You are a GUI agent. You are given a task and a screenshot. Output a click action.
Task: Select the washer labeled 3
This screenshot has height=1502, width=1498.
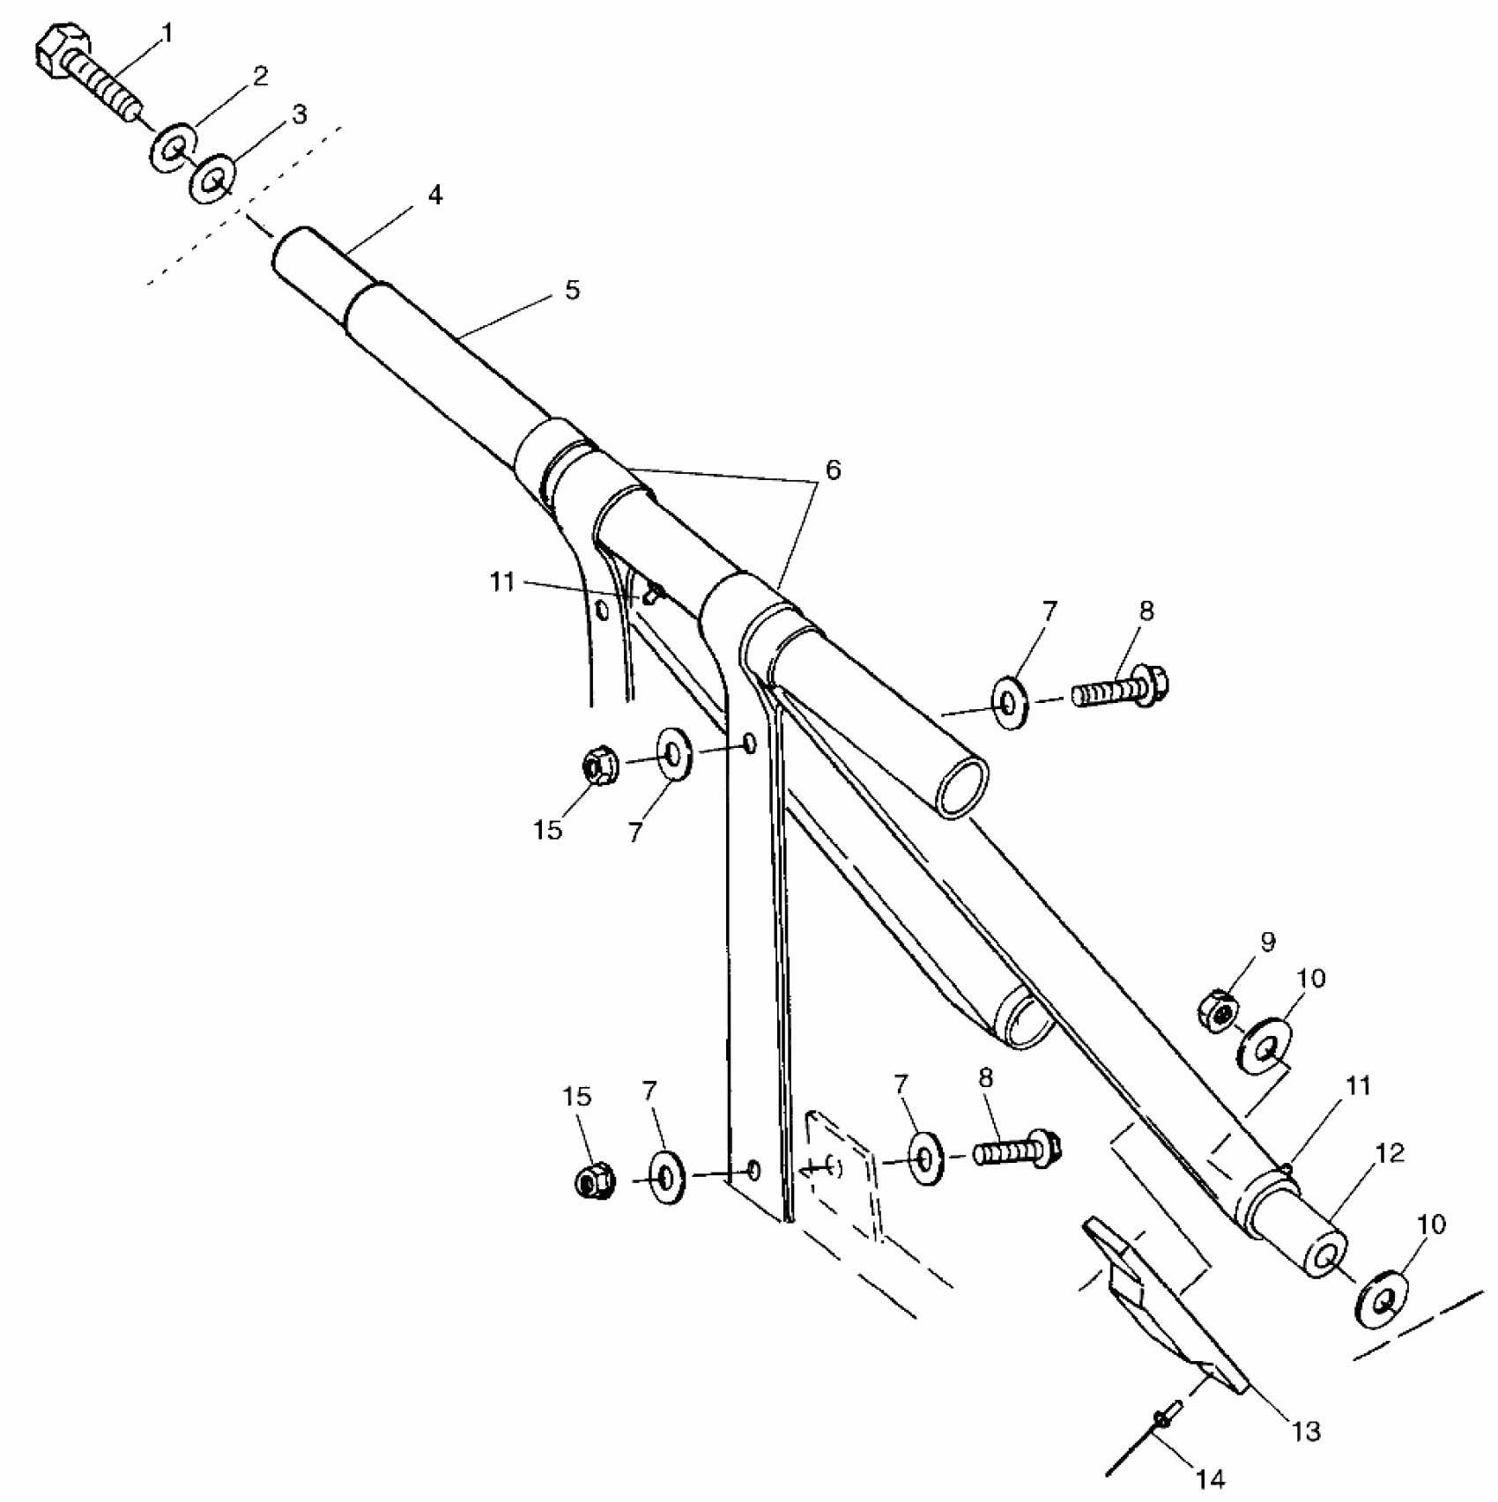pos(212,180)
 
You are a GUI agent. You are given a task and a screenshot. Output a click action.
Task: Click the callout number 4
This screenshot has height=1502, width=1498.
pos(434,196)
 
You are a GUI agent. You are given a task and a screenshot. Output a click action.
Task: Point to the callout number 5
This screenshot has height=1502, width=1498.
pos(573,290)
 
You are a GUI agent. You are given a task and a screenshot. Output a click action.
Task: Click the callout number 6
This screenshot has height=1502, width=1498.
pos(832,470)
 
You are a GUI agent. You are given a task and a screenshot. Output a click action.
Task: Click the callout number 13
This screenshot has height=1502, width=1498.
pos(1306,1432)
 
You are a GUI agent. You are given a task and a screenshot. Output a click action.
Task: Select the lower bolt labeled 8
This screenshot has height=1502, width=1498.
pos(1018,1149)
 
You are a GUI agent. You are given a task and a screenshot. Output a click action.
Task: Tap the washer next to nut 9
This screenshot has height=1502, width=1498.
pos(1265,1047)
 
